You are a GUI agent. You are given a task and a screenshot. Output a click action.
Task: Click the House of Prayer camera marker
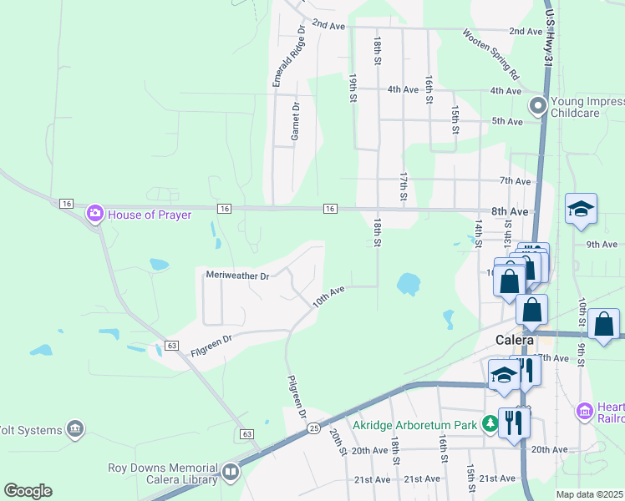(x=94, y=215)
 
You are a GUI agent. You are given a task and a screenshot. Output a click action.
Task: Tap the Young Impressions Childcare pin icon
(x=538, y=106)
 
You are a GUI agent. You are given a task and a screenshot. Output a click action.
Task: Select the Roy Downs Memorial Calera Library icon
(x=230, y=473)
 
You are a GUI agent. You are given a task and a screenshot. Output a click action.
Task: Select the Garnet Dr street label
(x=295, y=122)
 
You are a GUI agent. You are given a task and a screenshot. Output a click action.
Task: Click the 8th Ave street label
(x=510, y=212)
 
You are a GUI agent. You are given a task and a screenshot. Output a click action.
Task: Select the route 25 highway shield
(x=313, y=428)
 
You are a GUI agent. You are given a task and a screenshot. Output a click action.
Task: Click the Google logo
(x=28, y=490)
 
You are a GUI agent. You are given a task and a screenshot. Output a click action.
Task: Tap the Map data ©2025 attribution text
(x=590, y=494)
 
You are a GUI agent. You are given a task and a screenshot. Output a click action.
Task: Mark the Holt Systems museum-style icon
(x=76, y=429)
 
